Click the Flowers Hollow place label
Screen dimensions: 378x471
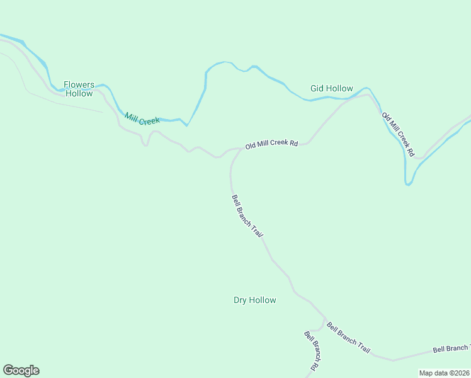[x=79, y=89]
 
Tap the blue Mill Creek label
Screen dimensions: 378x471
[x=142, y=118]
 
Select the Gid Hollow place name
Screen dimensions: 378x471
[x=331, y=88]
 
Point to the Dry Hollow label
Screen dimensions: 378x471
[x=254, y=300]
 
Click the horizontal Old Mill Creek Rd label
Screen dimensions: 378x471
[x=271, y=144]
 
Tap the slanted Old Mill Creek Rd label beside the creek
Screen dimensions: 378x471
[x=398, y=134]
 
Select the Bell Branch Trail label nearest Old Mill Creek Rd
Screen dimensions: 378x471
[x=247, y=215]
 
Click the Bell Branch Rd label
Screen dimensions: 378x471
[x=311, y=350]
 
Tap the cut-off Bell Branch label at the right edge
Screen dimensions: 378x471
[x=451, y=348]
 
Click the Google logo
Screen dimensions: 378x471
[x=21, y=370]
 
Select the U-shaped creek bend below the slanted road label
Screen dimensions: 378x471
[x=409, y=183]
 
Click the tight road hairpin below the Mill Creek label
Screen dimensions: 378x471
[x=145, y=144]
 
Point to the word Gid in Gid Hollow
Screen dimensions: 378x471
[x=317, y=88]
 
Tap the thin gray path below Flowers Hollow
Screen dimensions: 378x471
[x=63, y=101]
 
